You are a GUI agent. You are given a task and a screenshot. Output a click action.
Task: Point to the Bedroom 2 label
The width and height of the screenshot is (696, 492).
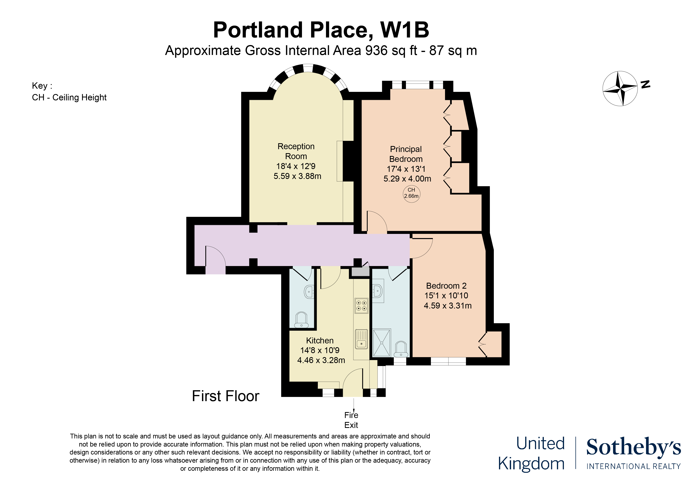pyautogui.click(x=446, y=286)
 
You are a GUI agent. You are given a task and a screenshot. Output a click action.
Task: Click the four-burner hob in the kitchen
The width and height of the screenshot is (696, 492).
pyautogui.click(x=361, y=306)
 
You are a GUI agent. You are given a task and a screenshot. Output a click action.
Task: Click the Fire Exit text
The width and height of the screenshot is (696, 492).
pyautogui.click(x=351, y=420)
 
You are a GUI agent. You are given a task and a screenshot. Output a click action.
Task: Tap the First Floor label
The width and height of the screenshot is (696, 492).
pyautogui.click(x=226, y=396)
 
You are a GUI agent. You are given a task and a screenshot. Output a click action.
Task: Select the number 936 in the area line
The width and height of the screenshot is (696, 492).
pyautogui.click(x=376, y=51)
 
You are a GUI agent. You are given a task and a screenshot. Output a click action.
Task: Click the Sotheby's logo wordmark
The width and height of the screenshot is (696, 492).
pyautogui.click(x=633, y=447)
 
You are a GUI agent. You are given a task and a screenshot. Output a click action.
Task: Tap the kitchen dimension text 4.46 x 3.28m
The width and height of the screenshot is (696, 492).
pyautogui.click(x=321, y=360)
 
